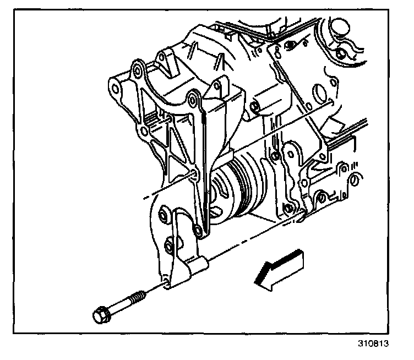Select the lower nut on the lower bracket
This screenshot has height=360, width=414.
pyautogui.click(x=168, y=242)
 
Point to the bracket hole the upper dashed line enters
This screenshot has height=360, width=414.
pyautogui.click(x=193, y=176)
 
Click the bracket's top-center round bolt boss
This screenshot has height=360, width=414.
pyautogui.click(x=193, y=100)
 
